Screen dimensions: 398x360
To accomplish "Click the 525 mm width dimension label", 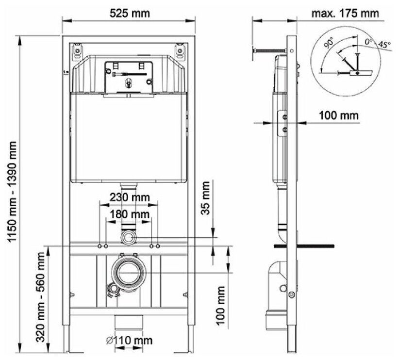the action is tap(130, 14).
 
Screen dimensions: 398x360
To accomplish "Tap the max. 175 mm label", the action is tap(345, 13).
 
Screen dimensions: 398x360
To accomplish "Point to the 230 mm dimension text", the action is tap(130, 197).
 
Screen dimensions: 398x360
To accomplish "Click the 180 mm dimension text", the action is tap(130, 214).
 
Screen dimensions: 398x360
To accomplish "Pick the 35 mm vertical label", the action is tap(206, 198).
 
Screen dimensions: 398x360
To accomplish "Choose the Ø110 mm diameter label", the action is tap(129, 340).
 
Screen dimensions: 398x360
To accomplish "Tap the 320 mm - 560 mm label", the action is tap(41, 297).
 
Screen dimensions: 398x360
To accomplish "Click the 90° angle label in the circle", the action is tap(329, 42).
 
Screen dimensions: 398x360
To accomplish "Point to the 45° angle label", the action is tap(384, 45).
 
